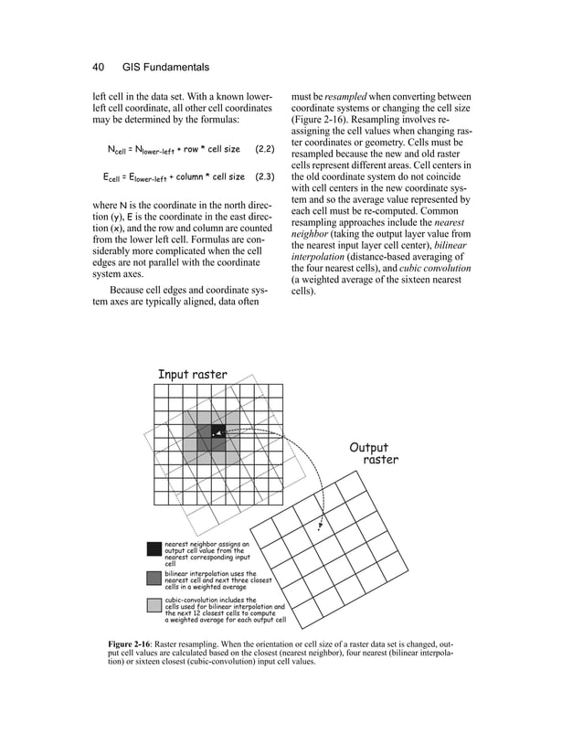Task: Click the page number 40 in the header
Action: pos(100,67)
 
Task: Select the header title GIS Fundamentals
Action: pos(166,67)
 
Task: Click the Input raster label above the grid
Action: pos(193,375)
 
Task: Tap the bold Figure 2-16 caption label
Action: pos(136,646)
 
